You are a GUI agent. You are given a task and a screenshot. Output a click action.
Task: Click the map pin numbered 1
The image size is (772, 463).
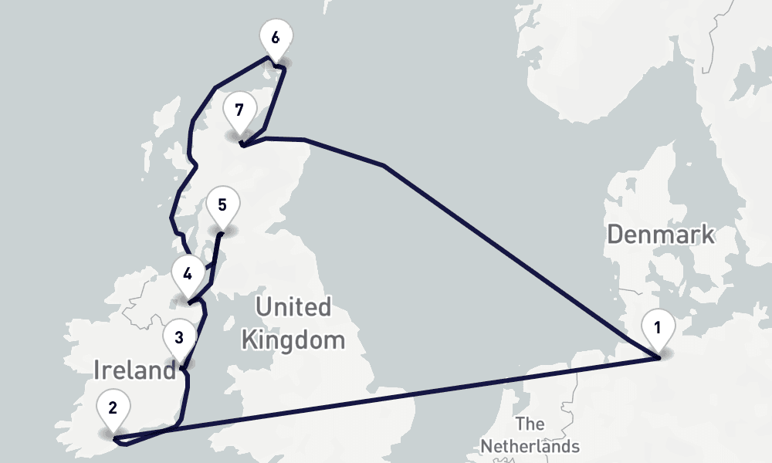(x=657, y=327)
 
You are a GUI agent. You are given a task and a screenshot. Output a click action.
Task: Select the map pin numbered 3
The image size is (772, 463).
(x=179, y=337)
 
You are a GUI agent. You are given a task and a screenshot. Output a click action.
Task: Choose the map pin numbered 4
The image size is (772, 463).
(x=188, y=272)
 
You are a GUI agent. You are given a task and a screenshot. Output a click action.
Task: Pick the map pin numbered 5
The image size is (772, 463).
(x=222, y=205)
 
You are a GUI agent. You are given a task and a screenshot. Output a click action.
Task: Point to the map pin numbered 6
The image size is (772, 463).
(x=276, y=36)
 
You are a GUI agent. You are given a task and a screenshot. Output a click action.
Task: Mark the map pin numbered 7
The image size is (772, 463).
(x=239, y=110)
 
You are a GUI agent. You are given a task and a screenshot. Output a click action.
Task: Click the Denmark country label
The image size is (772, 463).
(x=660, y=234)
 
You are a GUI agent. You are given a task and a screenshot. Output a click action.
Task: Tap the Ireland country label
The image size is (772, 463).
(x=135, y=370)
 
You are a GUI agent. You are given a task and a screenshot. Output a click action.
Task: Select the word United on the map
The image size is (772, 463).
(x=293, y=307)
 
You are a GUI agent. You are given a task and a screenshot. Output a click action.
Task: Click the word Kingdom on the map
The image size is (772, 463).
(x=293, y=340)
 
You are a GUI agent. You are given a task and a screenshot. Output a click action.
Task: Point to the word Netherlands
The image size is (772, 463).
(x=530, y=446)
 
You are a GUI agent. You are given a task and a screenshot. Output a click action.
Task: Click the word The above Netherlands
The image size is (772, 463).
(x=530, y=424)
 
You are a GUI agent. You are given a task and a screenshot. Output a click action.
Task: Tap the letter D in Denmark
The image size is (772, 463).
(x=615, y=234)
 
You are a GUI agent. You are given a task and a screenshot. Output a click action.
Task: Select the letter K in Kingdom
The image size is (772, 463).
(x=249, y=340)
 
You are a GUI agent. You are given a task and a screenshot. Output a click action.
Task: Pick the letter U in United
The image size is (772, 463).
(x=263, y=307)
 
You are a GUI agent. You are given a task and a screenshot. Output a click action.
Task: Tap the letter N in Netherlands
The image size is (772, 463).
(x=486, y=446)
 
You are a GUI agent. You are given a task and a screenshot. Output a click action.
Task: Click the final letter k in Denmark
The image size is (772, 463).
(x=708, y=234)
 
